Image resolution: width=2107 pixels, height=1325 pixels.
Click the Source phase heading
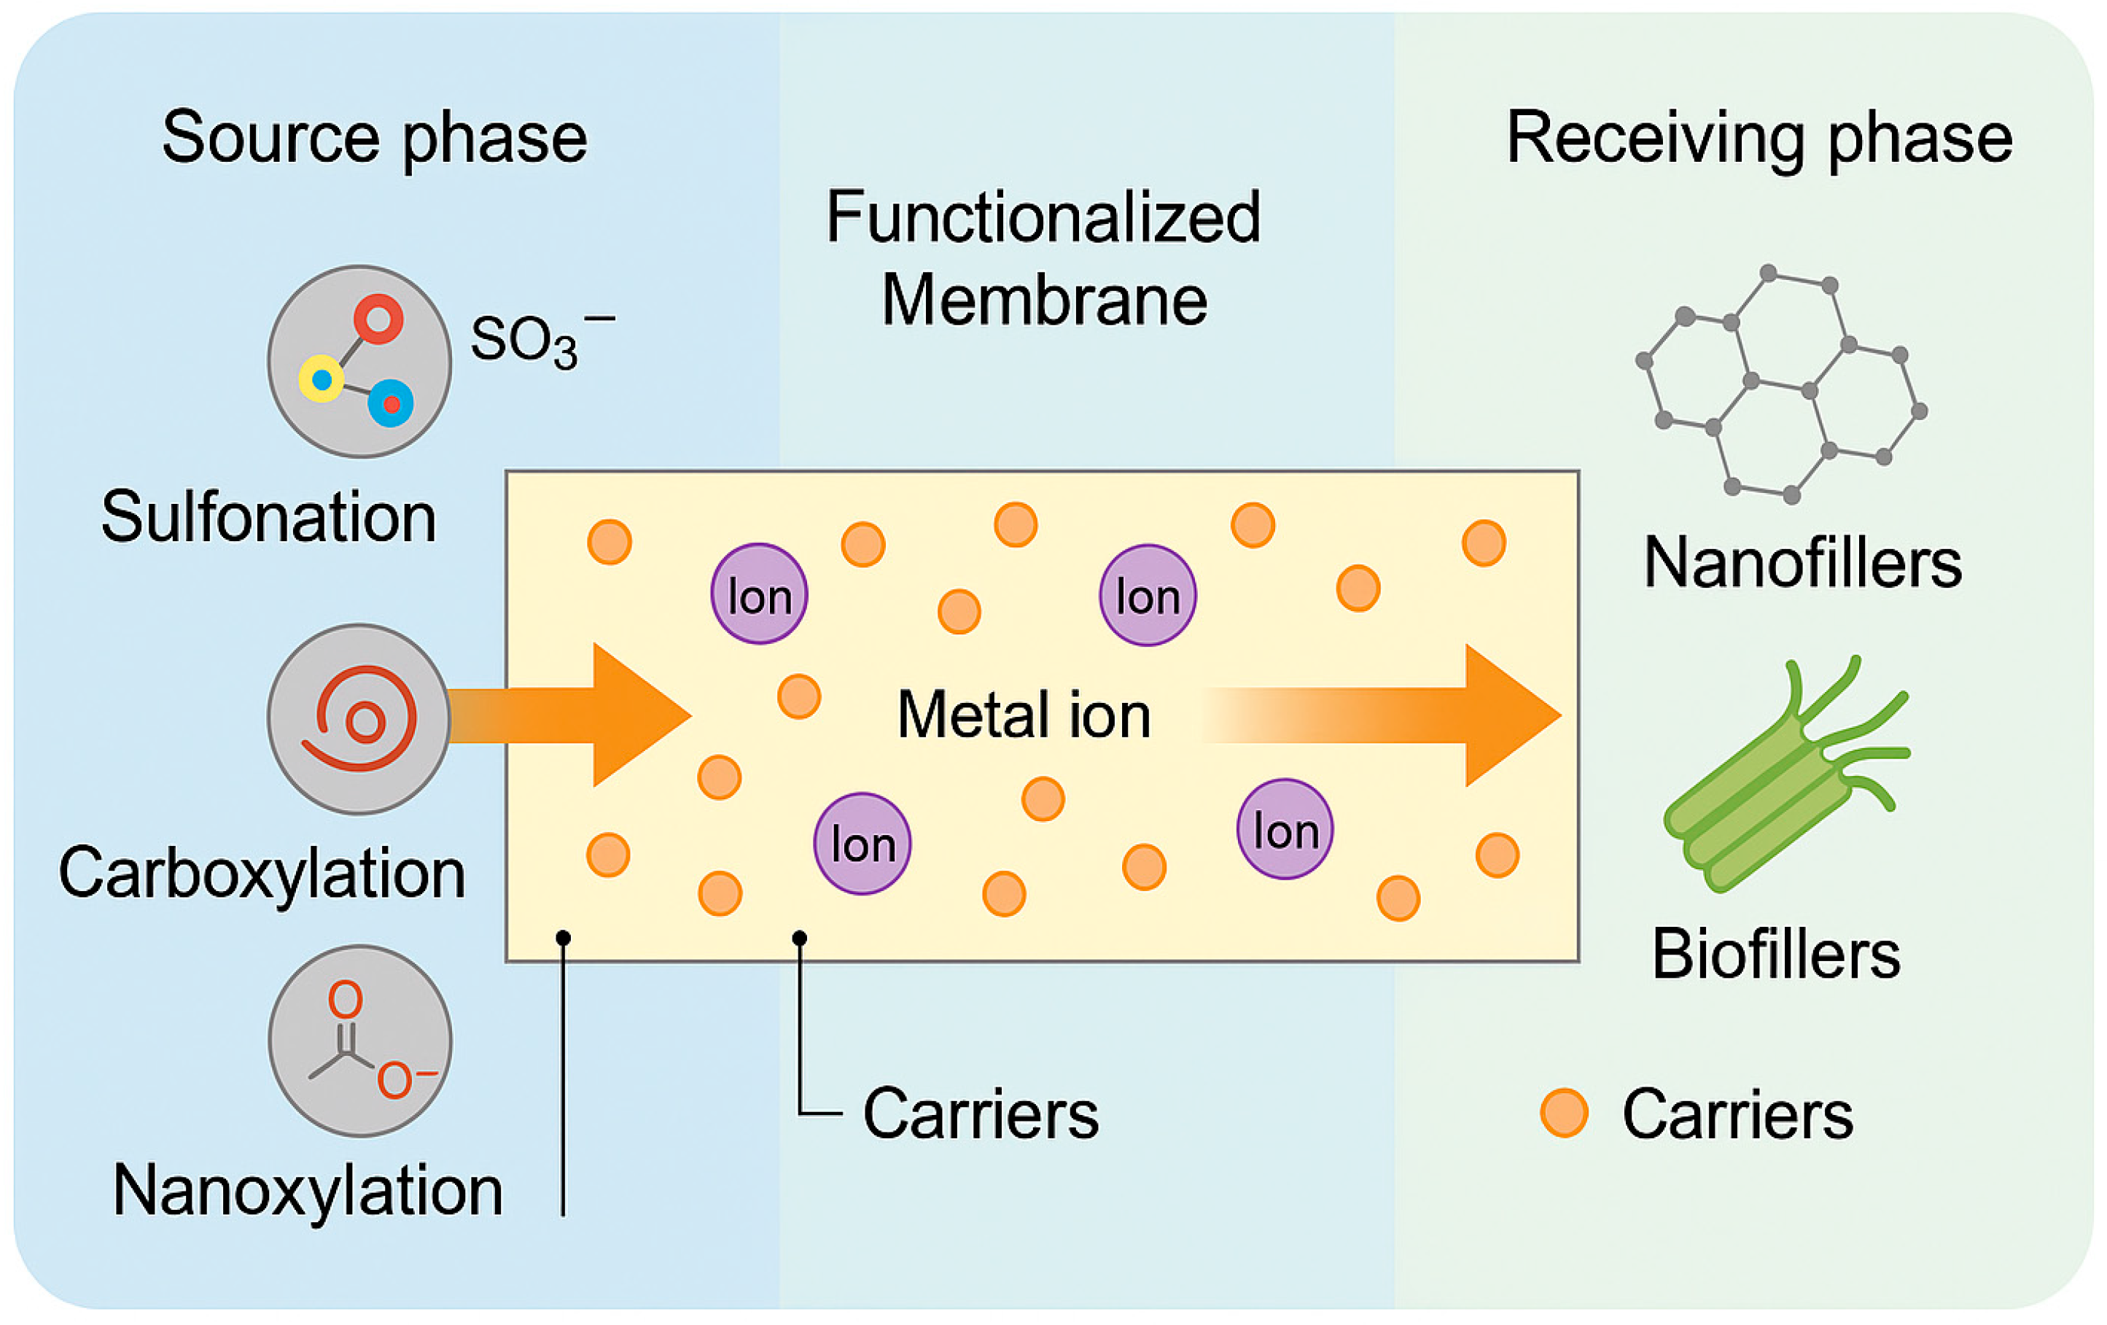(375, 139)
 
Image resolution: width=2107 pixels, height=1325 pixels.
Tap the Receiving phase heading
(1759, 139)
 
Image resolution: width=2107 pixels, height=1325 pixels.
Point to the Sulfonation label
(268, 517)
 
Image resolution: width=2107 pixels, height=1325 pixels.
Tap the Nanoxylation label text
(308, 1191)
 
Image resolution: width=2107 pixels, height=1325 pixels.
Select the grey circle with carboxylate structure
(359, 1041)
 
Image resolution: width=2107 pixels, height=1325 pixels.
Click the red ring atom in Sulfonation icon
(378, 319)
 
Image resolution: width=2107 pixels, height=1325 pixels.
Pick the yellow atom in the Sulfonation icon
(321, 380)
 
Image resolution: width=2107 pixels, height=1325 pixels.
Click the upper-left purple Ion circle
(759, 595)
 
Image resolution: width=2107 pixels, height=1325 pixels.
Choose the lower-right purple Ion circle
(1285, 829)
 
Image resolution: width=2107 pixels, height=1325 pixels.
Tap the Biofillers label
(1776, 954)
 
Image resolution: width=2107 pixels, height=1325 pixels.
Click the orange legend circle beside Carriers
(1564, 1114)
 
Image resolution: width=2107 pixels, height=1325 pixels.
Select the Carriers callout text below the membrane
(980, 1114)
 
